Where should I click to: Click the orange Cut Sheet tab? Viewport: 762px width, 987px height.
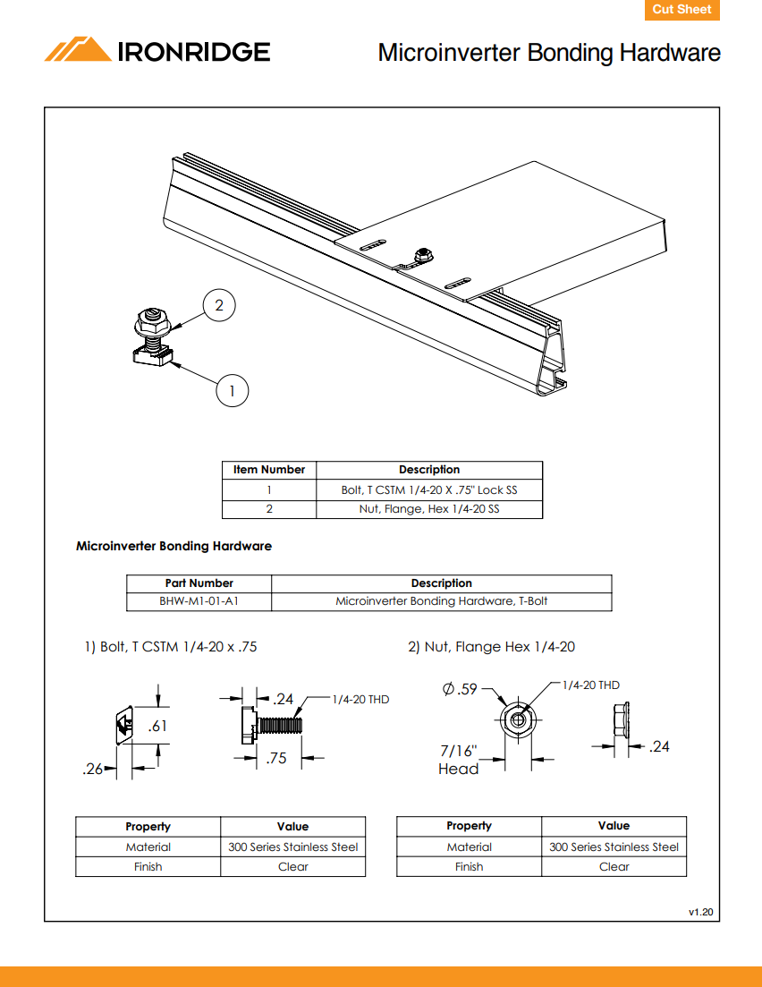tap(682, 10)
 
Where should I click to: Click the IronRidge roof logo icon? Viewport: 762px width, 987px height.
tap(78, 50)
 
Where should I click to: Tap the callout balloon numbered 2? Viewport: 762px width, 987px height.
tap(219, 306)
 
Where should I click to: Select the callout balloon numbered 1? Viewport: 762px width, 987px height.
tap(232, 390)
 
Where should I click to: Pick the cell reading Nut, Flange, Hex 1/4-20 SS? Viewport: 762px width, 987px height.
tap(429, 509)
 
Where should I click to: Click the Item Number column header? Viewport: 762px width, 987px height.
tap(269, 470)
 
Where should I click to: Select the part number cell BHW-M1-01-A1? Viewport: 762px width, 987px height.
tap(199, 601)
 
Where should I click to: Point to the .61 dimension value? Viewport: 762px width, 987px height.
tap(157, 727)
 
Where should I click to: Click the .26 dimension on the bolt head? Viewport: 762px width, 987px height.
tap(92, 768)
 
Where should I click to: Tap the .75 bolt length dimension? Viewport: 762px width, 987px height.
tap(277, 759)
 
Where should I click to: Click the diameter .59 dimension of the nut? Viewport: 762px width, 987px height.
tap(461, 689)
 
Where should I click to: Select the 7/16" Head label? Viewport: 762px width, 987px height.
tap(458, 760)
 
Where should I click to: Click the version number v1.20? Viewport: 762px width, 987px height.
tap(700, 912)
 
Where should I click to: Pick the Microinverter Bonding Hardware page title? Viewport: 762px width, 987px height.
tap(548, 53)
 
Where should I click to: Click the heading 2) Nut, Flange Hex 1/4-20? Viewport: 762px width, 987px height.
tap(491, 647)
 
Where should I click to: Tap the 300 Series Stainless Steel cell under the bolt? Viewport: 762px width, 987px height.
tap(292, 847)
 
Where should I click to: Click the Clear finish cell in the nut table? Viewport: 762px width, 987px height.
tap(614, 866)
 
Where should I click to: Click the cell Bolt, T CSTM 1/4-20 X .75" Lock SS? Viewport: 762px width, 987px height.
tap(429, 489)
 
